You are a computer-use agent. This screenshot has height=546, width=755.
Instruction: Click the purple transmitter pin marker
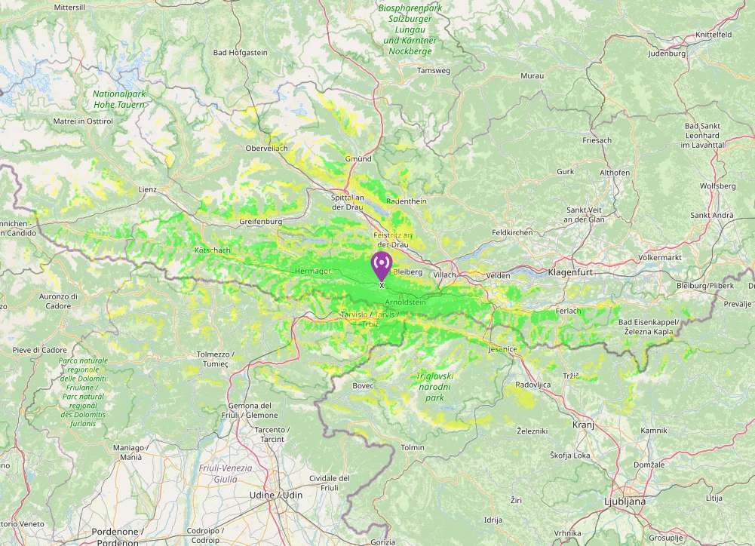[x=382, y=265]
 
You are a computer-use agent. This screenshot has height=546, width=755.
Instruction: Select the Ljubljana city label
[x=625, y=501]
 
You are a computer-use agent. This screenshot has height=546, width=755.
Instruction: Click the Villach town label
[x=444, y=275]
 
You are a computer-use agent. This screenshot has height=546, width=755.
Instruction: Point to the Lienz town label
[x=147, y=189]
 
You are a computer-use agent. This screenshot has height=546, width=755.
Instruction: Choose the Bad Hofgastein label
[x=240, y=53]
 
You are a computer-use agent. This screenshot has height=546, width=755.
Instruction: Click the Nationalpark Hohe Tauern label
[x=118, y=100]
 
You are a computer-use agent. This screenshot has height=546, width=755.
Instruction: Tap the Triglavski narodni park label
[x=434, y=386]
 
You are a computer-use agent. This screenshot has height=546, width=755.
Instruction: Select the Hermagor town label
[x=312, y=270]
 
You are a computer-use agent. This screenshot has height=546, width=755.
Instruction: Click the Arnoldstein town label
[x=405, y=302]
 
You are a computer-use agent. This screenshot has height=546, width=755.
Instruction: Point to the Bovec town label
[x=363, y=385]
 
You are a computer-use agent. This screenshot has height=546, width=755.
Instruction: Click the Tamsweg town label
[x=433, y=70]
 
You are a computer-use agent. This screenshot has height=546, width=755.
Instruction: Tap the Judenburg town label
[x=667, y=54]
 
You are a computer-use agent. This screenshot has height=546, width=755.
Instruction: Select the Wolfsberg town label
[x=717, y=186]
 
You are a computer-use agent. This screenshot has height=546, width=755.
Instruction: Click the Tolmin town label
[x=413, y=447]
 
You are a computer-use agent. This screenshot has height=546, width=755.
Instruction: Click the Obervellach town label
[x=267, y=148]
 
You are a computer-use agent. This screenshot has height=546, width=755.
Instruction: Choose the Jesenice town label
[x=502, y=349]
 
